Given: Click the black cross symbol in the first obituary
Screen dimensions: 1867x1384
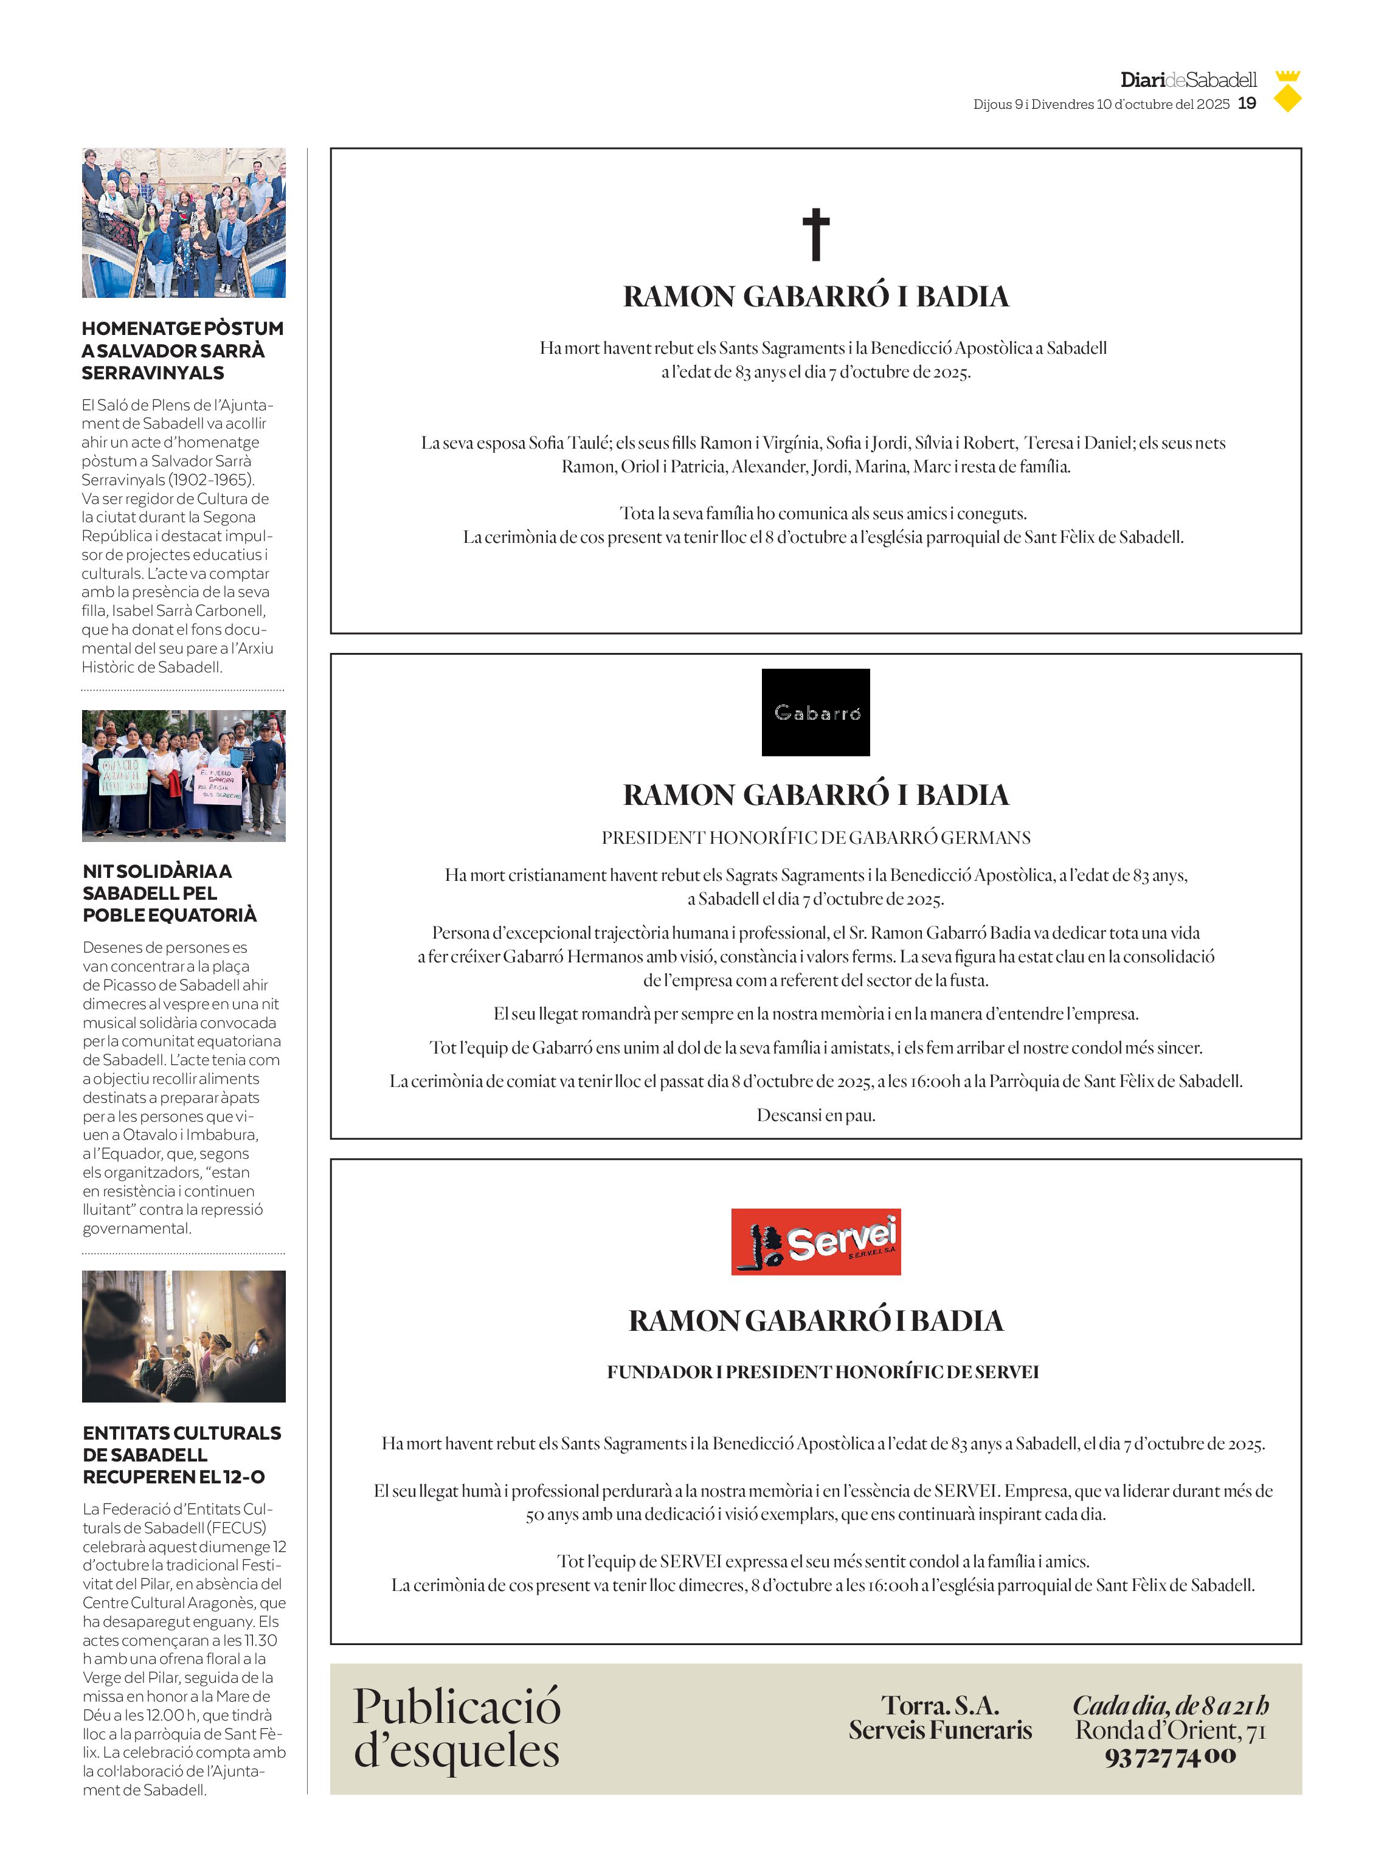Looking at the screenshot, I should pos(815,235).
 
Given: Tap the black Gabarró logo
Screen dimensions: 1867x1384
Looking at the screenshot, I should pos(815,712).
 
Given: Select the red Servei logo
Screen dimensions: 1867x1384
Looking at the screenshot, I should pos(815,1241).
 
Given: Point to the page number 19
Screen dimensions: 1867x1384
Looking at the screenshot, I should pos(1247,104).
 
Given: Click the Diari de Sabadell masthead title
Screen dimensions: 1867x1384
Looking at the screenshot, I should pos(1188,80).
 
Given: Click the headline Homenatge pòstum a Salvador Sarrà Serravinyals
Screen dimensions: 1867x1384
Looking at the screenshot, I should pos(182,350).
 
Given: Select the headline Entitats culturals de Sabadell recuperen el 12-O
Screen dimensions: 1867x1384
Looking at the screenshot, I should pos(182,1455).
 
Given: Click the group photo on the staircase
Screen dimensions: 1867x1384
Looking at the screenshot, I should pos(184,223).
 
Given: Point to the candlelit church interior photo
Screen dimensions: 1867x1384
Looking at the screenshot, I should pos(184,1336).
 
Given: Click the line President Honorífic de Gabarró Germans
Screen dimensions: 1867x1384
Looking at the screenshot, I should pos(815,838).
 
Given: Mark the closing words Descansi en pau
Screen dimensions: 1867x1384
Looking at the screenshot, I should pos(815,1115).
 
